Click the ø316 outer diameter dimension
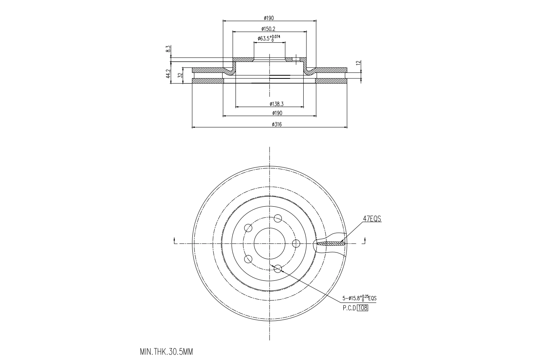(x=277, y=124)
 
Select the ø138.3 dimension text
(x=276, y=104)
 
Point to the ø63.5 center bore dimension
(x=269, y=38)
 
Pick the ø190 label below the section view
(x=277, y=113)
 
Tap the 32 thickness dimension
(x=180, y=75)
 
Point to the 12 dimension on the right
(x=358, y=64)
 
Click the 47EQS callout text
(x=371, y=219)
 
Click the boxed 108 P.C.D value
(x=363, y=308)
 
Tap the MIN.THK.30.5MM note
(x=167, y=351)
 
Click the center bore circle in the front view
(x=270, y=244)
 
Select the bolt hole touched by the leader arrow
(x=278, y=269)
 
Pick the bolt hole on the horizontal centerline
(x=297, y=244)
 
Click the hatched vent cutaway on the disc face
(x=331, y=244)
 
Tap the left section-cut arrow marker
(x=175, y=241)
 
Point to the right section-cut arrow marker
(x=364, y=241)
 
